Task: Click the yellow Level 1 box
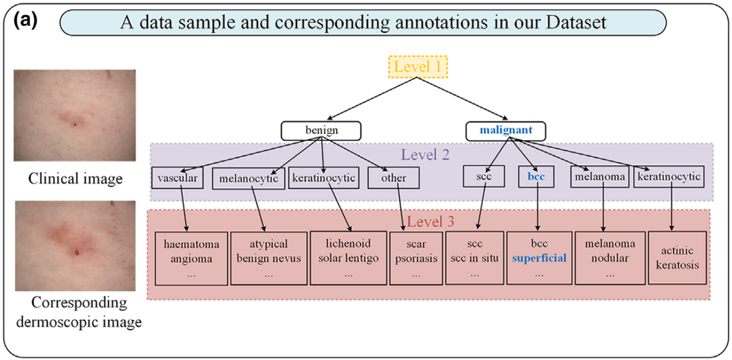click(418, 67)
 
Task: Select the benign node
click(321, 131)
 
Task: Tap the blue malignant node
click(506, 131)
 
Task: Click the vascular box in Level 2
click(178, 178)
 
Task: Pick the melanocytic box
click(249, 179)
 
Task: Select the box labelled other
click(393, 178)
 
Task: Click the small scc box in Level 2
click(483, 176)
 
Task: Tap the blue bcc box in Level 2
click(536, 177)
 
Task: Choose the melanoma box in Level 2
click(600, 177)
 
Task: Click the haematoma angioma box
click(191, 258)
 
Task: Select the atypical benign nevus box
click(269, 258)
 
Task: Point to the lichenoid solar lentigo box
click(349, 258)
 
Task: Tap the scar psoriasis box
click(416, 258)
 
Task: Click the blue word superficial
click(539, 258)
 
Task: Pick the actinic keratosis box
click(677, 258)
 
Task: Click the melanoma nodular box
click(610, 258)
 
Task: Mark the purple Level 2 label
click(425, 155)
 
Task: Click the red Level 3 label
click(431, 221)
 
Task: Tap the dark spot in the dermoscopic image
click(77, 252)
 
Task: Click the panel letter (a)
click(26, 21)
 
